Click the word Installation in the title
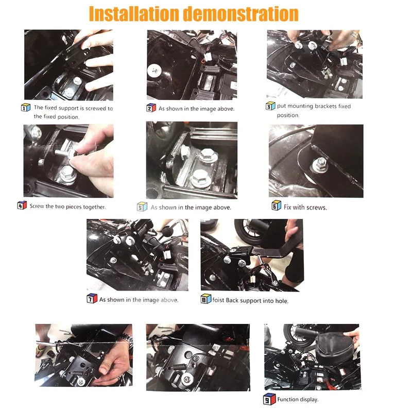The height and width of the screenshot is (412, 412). (x=134, y=13)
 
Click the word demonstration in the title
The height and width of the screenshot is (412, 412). (x=241, y=13)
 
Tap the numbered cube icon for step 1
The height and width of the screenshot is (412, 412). (x=25, y=108)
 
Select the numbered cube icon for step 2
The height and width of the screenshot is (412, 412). (x=151, y=108)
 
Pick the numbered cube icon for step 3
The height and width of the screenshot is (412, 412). (x=270, y=106)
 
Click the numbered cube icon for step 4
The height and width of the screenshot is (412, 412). (x=22, y=205)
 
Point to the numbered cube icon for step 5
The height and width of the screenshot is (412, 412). (x=142, y=207)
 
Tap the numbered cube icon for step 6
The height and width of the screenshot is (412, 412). (x=276, y=205)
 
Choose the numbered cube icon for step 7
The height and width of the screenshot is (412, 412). (x=92, y=298)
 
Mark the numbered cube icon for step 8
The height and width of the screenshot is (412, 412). (x=205, y=299)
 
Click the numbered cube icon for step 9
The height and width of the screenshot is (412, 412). (x=269, y=399)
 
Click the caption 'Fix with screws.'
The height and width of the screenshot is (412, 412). (x=305, y=208)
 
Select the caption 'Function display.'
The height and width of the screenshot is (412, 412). (x=298, y=400)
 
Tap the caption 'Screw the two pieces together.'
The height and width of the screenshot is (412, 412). (x=68, y=207)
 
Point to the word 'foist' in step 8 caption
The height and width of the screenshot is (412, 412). (x=218, y=300)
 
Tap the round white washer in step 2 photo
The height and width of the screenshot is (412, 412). (x=154, y=71)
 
